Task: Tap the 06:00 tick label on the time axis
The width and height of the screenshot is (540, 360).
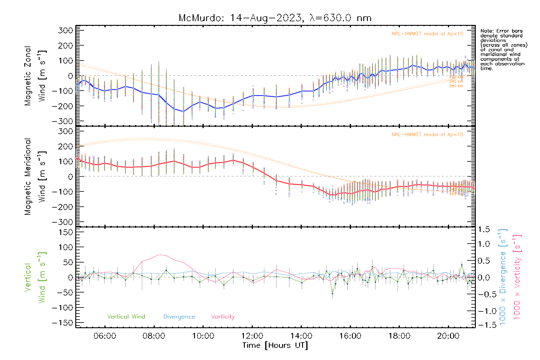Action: click(x=105, y=336)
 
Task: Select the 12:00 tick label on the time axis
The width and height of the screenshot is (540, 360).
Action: click(x=252, y=336)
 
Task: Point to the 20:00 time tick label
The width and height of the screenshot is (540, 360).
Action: click(x=448, y=336)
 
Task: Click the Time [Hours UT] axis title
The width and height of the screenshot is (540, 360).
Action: click(x=275, y=345)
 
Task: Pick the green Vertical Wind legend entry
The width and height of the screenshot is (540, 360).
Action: click(x=126, y=317)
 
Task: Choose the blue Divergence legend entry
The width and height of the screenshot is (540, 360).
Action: click(x=179, y=317)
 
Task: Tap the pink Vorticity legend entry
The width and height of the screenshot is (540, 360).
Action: click(x=223, y=317)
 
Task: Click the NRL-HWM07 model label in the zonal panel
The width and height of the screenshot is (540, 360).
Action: click(x=427, y=34)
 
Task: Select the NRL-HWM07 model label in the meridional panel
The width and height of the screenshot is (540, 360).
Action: click(x=427, y=135)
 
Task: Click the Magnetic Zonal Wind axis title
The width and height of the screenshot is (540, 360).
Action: click(x=35, y=76)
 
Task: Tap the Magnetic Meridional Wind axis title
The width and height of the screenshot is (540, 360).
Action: click(x=35, y=177)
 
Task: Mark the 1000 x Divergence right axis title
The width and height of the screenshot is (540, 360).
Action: click(x=502, y=277)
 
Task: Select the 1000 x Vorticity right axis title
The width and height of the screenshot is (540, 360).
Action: click(x=517, y=277)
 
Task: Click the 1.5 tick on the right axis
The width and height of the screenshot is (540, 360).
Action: click(x=484, y=229)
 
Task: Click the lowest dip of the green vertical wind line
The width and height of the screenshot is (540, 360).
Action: click(x=332, y=294)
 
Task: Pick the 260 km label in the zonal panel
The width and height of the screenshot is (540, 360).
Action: click(x=456, y=86)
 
